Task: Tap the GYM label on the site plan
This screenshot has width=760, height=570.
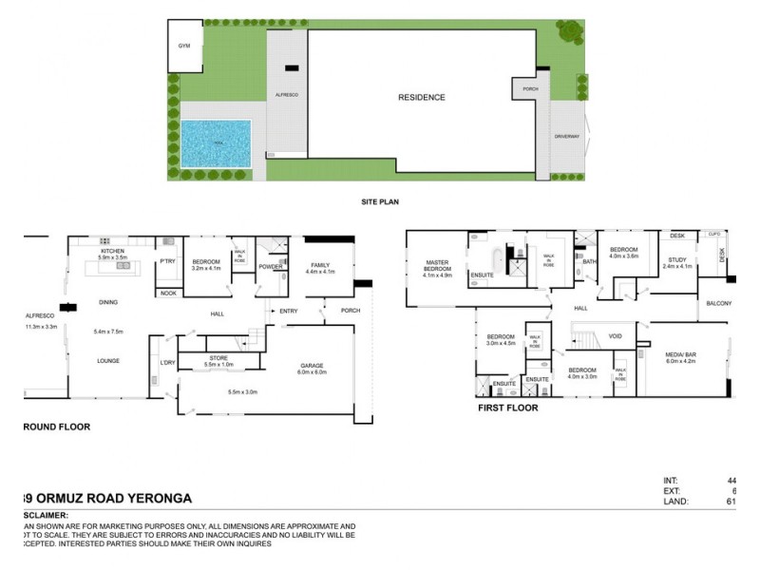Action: coord(184,46)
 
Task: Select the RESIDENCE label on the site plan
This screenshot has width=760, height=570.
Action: coord(421,98)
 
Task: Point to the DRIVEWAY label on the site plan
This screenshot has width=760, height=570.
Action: coord(566,138)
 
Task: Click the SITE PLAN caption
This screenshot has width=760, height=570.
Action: coord(379,202)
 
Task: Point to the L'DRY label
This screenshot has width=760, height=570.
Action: coord(168,362)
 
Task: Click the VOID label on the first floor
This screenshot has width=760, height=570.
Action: coord(616,335)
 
